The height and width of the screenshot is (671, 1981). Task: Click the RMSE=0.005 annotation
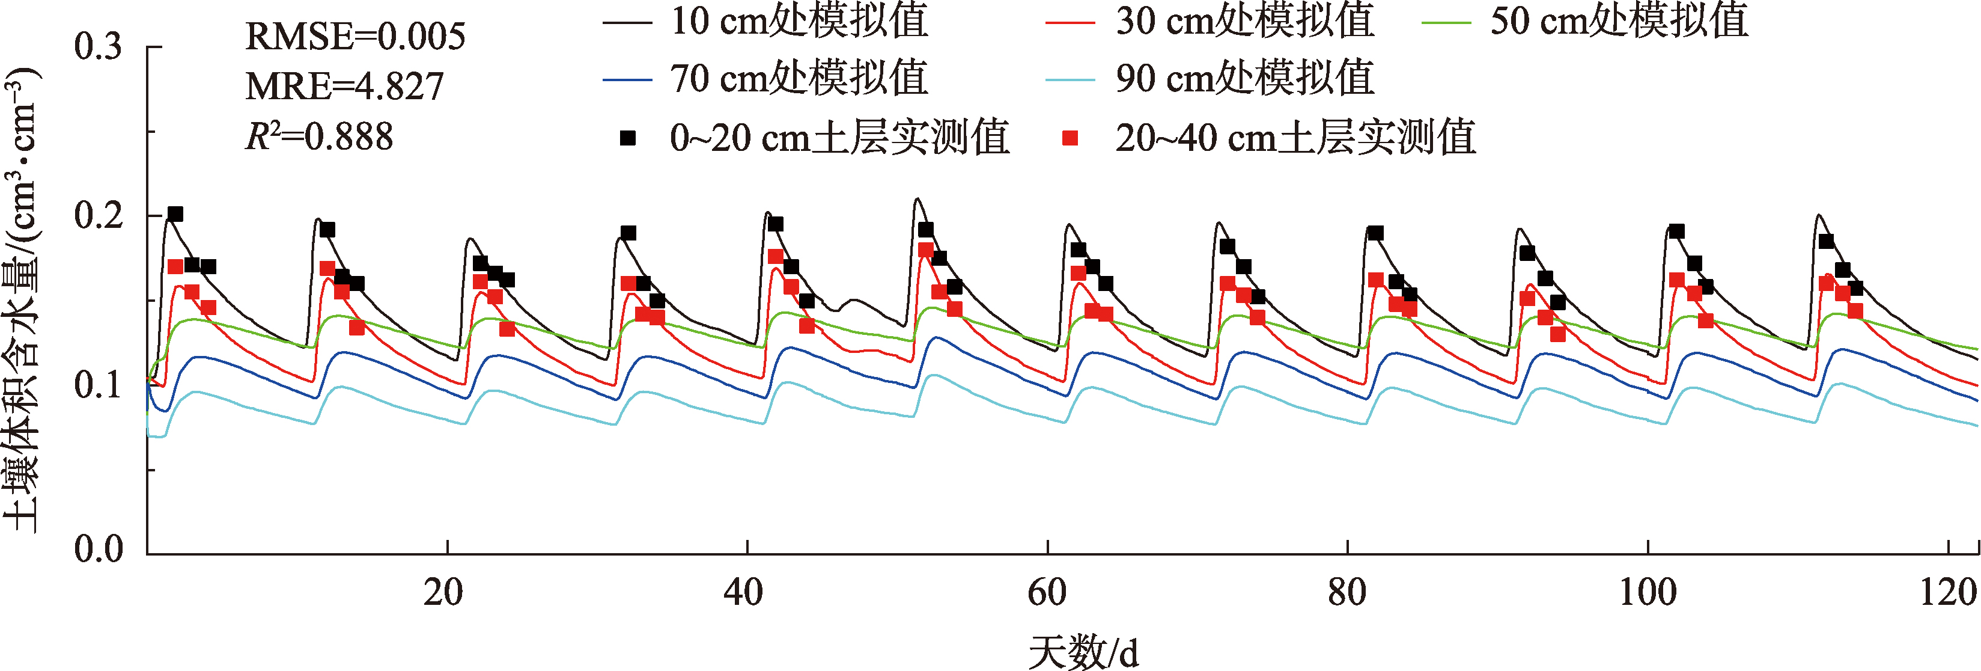click(355, 36)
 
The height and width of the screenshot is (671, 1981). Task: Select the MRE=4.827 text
click(344, 86)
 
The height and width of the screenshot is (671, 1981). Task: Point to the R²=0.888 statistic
click(318, 136)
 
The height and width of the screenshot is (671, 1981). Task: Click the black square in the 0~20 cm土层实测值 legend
click(628, 138)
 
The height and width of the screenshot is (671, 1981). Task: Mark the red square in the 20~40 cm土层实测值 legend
click(1070, 138)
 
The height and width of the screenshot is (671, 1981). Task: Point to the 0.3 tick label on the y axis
click(98, 47)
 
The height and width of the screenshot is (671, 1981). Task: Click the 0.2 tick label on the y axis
click(98, 215)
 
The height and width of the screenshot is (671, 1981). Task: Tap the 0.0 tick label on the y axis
click(98, 550)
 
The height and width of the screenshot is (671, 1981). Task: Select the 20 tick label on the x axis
click(443, 592)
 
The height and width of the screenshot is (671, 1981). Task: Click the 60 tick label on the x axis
click(1047, 592)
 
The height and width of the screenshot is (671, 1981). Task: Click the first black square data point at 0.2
click(175, 214)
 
